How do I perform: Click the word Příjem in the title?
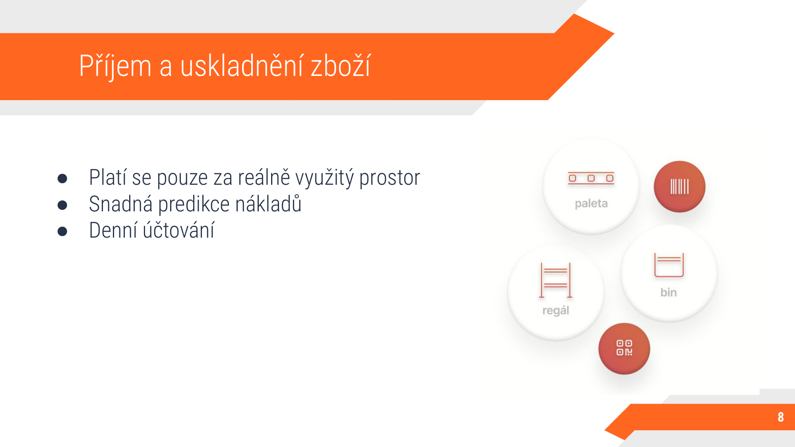pyautogui.click(x=115, y=66)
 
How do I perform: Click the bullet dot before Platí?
pyautogui.click(x=62, y=178)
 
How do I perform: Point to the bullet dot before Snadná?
pyautogui.click(x=62, y=205)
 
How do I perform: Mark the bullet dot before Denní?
pyautogui.click(x=62, y=231)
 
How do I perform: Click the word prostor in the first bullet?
pyautogui.click(x=390, y=178)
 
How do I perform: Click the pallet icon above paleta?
pyautogui.click(x=591, y=178)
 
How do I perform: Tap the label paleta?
pyautogui.click(x=591, y=203)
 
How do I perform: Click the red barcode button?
pyautogui.click(x=680, y=187)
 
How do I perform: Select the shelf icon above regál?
pyautogui.click(x=556, y=280)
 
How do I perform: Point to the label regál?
pyautogui.click(x=556, y=310)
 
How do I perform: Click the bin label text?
pyautogui.click(x=669, y=292)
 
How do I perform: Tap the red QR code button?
pyautogui.click(x=624, y=348)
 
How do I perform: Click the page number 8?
pyautogui.click(x=781, y=417)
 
